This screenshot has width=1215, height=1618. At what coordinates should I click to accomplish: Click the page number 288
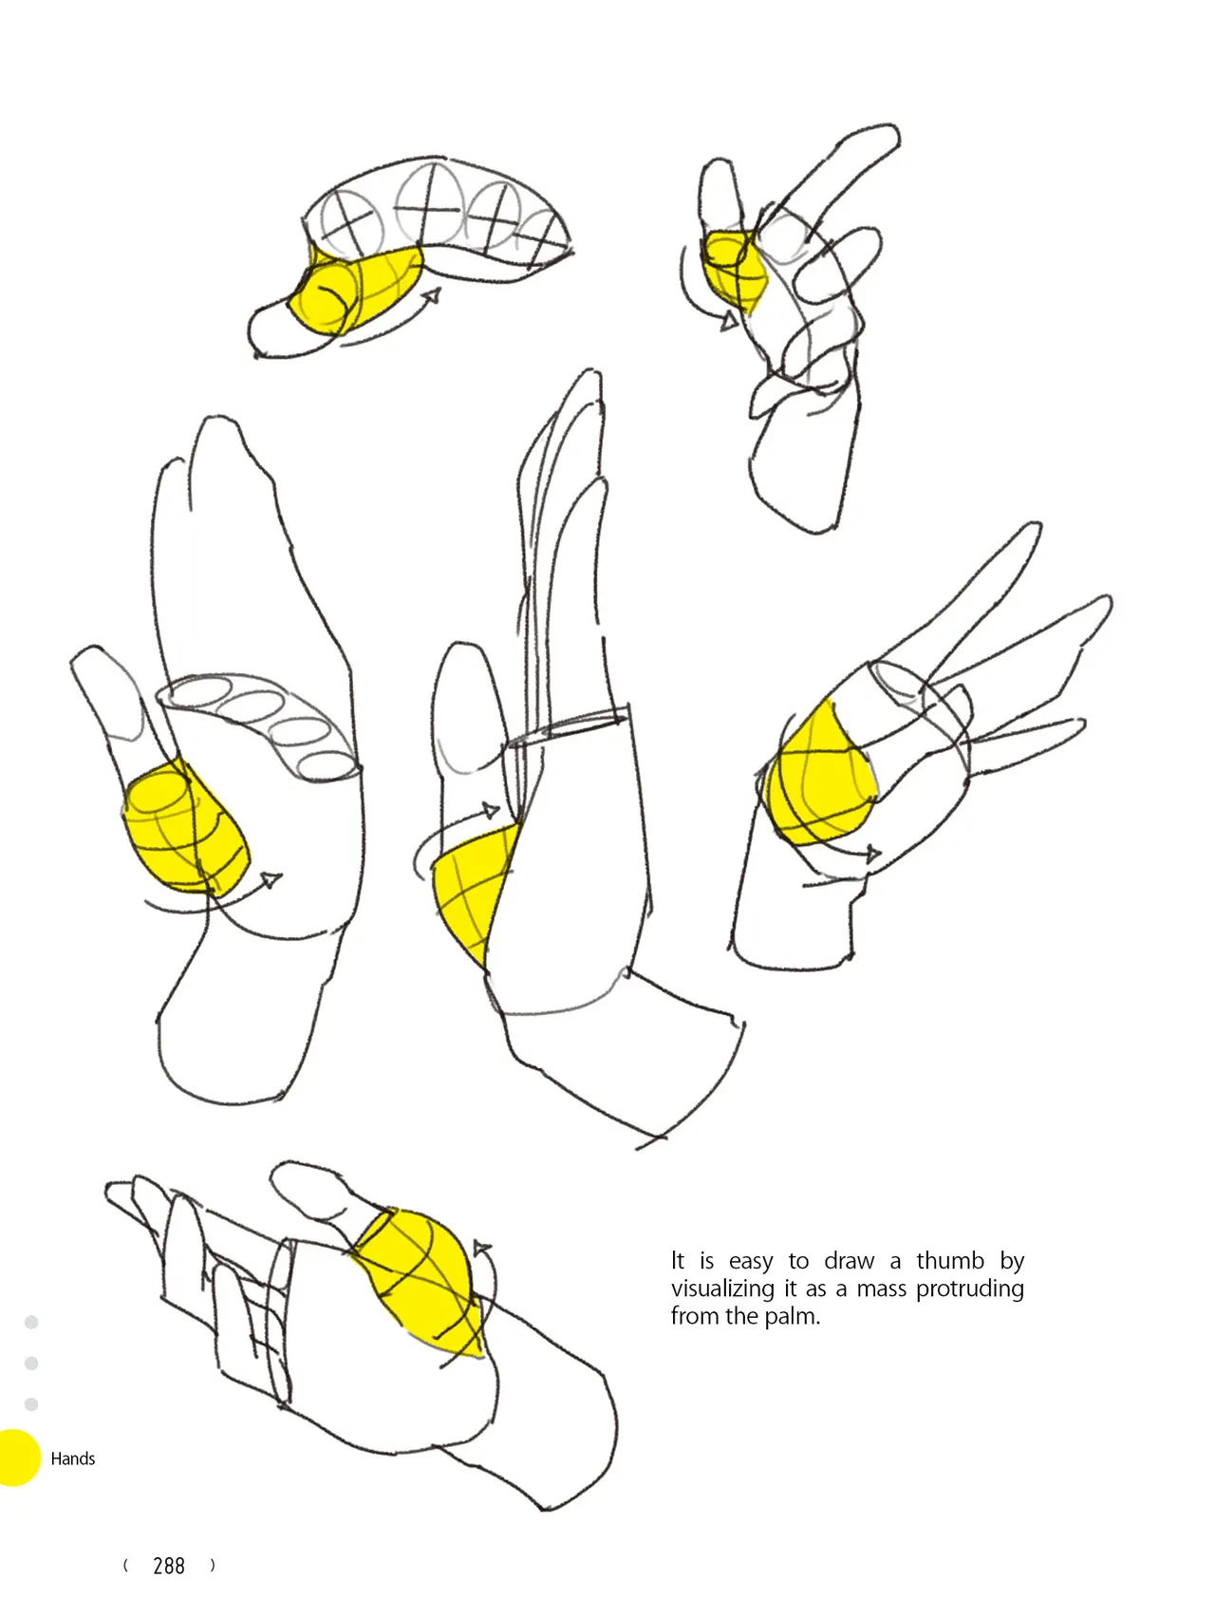pos(169,1566)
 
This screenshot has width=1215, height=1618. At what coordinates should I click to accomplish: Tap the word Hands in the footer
pos(73,1458)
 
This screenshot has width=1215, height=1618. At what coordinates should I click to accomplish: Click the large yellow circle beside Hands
pos(17,1458)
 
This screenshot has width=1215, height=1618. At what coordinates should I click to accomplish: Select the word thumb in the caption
pos(951,1260)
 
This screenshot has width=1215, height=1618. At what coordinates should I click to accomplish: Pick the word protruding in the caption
pos(970,1289)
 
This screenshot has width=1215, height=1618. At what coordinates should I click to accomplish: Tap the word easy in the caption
pos(751,1262)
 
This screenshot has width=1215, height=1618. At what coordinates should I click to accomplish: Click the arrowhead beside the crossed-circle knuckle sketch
pos(432,297)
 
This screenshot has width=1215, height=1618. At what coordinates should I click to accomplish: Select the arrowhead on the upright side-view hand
pos(490,810)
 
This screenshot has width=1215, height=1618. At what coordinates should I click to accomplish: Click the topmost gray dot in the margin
pos(31,1322)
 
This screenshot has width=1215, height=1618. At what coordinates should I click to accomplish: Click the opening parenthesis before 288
pos(125,1566)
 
